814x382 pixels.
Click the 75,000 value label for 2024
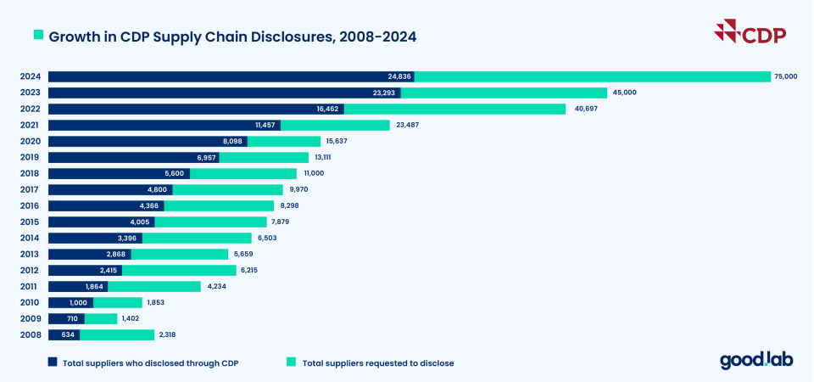click(x=784, y=76)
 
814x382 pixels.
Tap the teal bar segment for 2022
click(x=454, y=109)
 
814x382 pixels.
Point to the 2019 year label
click(x=30, y=157)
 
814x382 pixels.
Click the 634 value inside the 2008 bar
click(x=67, y=334)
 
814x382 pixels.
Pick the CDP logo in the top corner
click(x=751, y=35)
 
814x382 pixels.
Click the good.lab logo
click(x=756, y=361)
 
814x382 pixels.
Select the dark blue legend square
click(x=53, y=362)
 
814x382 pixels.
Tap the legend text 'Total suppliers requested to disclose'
click(x=378, y=363)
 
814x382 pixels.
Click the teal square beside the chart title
click(x=38, y=37)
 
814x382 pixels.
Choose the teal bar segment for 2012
click(x=179, y=270)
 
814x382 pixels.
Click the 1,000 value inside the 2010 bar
click(x=78, y=302)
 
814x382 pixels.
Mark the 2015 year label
click(x=30, y=222)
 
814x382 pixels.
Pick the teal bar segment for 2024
click(x=593, y=76)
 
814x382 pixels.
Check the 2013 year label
click(x=30, y=254)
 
